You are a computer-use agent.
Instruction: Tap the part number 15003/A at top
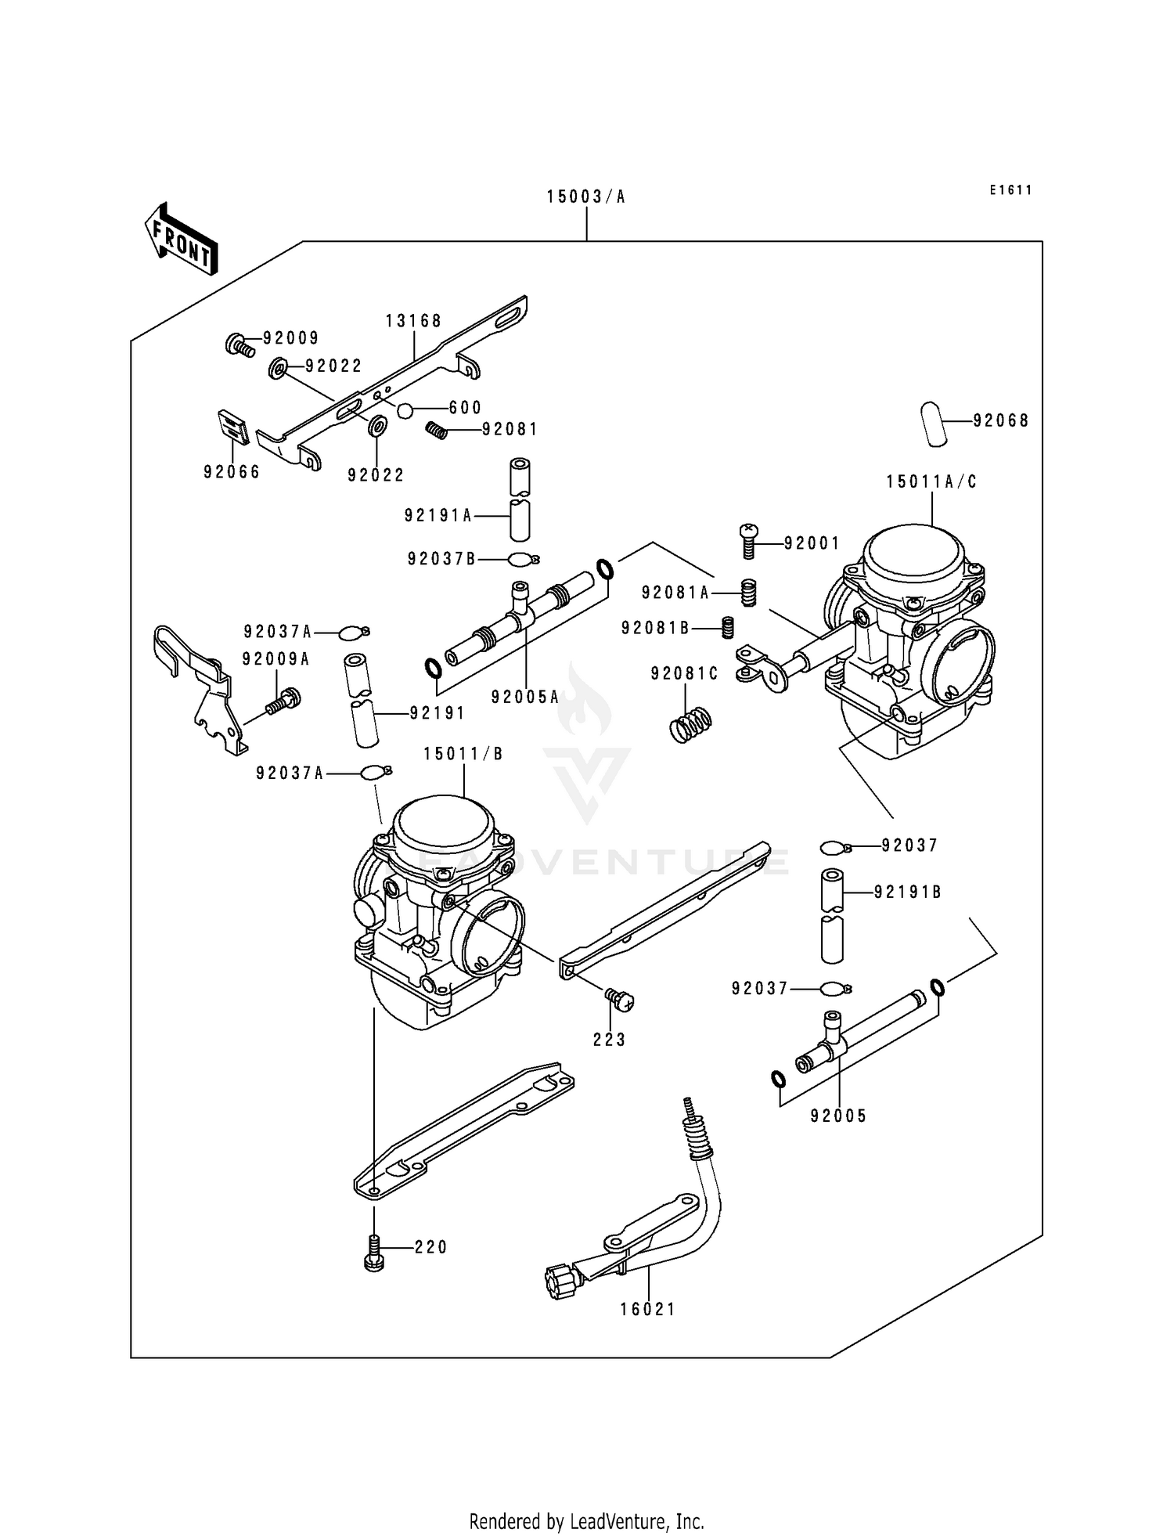point(586,197)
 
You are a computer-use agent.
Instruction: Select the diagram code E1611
point(1010,190)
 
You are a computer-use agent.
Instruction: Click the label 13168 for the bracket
point(413,321)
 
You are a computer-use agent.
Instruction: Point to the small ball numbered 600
point(405,410)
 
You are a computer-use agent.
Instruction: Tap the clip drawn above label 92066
point(232,427)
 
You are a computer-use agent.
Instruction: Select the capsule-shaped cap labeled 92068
point(933,424)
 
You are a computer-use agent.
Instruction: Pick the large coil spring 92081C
point(692,724)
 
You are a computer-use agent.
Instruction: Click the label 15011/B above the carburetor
point(463,754)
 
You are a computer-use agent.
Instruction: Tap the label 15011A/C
point(931,482)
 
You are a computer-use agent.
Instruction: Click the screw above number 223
point(618,997)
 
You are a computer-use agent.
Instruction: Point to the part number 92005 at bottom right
point(839,1116)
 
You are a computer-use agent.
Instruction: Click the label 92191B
point(907,892)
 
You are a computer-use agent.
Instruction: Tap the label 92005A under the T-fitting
point(525,697)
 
